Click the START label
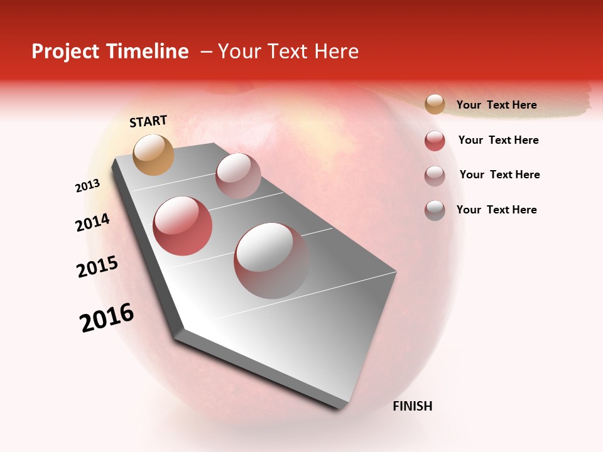[x=148, y=121]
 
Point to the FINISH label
[x=413, y=406]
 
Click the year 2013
[x=87, y=186]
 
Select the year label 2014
[x=92, y=223]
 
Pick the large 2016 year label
[x=107, y=318]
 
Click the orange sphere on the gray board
[x=154, y=154]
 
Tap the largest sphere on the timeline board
[x=271, y=261]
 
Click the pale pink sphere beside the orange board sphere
[x=238, y=176]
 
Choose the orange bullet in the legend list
[x=435, y=104]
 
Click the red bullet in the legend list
[x=435, y=141]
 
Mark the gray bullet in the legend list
[x=435, y=210]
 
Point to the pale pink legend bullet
[x=435, y=176]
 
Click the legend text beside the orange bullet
[x=496, y=105]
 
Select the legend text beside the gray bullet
[x=496, y=210]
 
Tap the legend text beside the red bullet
[x=498, y=140]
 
